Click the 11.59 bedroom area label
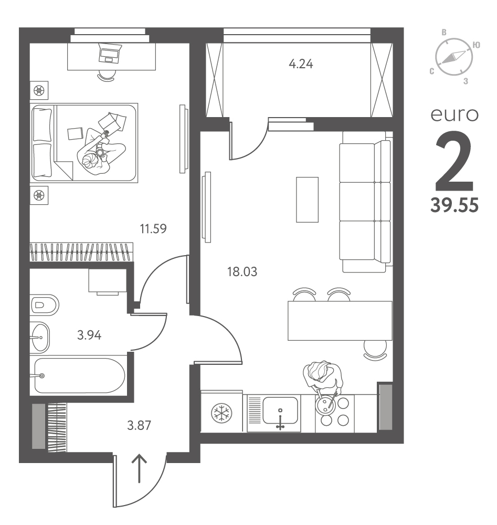(x=153, y=229)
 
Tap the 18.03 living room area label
(x=242, y=271)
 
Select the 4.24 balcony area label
(x=301, y=64)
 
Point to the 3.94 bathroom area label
(x=89, y=335)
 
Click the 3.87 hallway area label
(x=139, y=425)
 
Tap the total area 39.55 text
(x=454, y=205)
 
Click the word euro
(x=454, y=115)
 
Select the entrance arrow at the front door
(x=139, y=468)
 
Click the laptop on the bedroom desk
(x=110, y=53)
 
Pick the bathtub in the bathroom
(x=80, y=375)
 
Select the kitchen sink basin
(x=280, y=410)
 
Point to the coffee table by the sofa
(x=307, y=199)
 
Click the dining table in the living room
(x=340, y=321)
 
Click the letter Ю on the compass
(x=476, y=45)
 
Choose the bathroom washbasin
(x=40, y=337)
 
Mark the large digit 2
(x=454, y=160)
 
